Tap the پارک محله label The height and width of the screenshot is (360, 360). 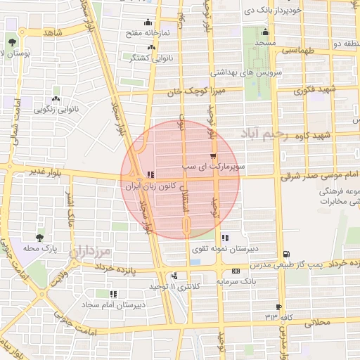pos(39,249)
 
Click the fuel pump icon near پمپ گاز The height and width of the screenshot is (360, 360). pos(285,255)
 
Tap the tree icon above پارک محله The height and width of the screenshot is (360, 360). pos(39,238)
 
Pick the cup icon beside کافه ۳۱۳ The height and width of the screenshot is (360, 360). pos(279,307)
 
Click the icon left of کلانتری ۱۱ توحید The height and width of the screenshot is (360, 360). pos(174,276)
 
